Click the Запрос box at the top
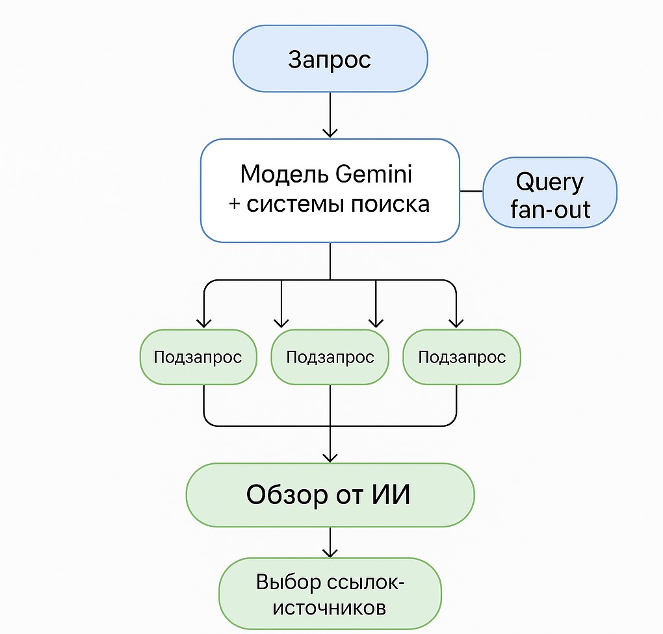click(330, 59)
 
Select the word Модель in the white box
click(278, 174)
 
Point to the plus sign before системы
click(235, 204)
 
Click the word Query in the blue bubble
click(549, 182)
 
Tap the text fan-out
click(550, 209)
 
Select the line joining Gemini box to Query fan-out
click(471, 192)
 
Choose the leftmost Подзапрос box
click(198, 357)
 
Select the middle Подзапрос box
click(330, 357)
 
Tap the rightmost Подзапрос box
click(461, 357)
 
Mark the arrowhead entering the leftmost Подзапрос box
click(204, 322)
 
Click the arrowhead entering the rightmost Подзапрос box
click(456, 322)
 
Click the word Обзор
click(287, 495)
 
